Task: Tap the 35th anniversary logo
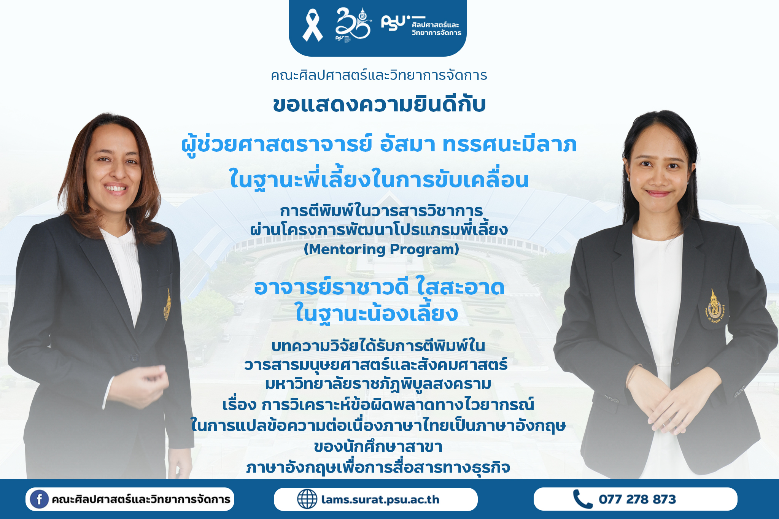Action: (353, 24)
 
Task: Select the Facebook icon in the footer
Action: (39, 499)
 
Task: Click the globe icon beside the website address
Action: (307, 499)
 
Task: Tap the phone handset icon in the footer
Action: (582, 499)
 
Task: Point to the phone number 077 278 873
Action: (637, 499)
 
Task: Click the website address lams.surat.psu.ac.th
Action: (380, 499)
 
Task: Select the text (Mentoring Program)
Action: (381, 249)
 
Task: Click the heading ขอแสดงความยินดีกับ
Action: (379, 105)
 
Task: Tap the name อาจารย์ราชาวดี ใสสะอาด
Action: (379, 287)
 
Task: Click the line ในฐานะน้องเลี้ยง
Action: (377, 314)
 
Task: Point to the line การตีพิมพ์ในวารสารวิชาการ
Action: (381, 211)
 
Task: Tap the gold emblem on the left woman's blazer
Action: (167, 304)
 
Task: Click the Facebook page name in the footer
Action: (141, 499)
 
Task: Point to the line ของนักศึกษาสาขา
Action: (378, 446)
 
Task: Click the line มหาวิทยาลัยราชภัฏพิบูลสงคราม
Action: (378, 384)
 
